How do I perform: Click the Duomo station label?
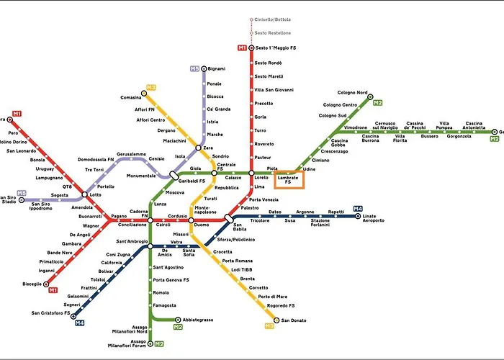pyautogui.click(x=201, y=225)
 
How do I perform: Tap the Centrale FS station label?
pyautogui.click(x=226, y=168)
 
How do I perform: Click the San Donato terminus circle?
pyautogui.click(x=276, y=320)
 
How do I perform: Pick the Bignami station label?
pyautogui.click(x=217, y=68)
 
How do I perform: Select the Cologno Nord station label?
pyautogui.click(x=352, y=93)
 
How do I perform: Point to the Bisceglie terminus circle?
pyautogui.click(x=46, y=284)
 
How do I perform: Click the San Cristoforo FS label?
pyautogui.click(x=50, y=313)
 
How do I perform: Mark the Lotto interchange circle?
pyautogui.click(x=86, y=194)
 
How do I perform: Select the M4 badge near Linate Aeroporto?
pyautogui.click(x=358, y=209)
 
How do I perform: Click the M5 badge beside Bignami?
pyautogui.click(x=194, y=68)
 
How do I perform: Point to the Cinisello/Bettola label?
pyautogui.click(x=273, y=19)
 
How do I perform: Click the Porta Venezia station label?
pyautogui.click(x=264, y=199)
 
